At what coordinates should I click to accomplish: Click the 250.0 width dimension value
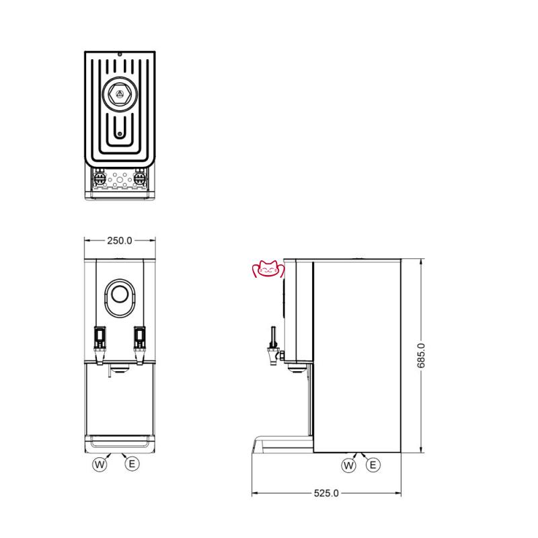120,241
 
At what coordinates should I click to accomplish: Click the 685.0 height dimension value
421,356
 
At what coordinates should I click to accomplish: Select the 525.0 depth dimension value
326,494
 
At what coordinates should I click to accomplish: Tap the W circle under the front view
100,465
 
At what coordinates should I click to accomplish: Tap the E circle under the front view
132,464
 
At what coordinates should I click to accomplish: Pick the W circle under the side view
348,465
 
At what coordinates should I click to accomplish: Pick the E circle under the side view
373,465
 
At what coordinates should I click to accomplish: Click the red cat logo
268,269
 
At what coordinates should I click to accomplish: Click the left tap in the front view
100,345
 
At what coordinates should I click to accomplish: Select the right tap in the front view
140,345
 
